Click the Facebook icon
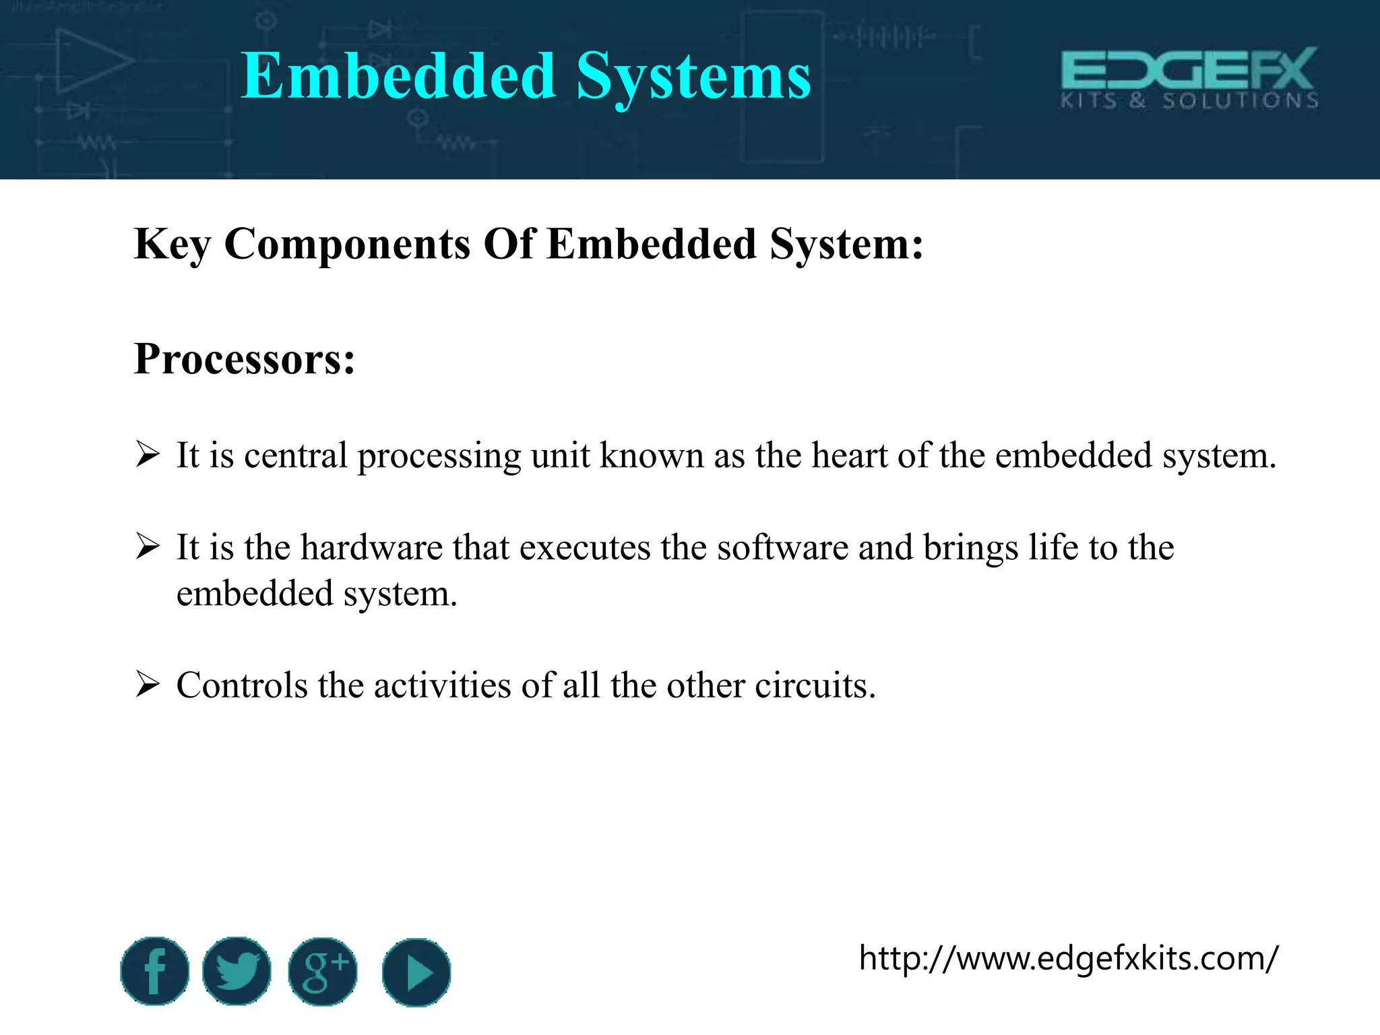coord(154,971)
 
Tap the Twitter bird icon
coord(237,971)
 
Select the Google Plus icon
coord(323,971)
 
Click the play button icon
coord(416,972)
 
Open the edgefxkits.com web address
coord(1068,958)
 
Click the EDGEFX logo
coord(1189,77)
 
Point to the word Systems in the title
coord(693,77)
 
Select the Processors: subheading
coord(245,358)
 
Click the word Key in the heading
coord(172,244)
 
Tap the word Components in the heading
coord(347,244)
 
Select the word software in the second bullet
coord(782,547)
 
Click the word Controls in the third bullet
coord(242,685)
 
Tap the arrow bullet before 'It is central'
coord(148,454)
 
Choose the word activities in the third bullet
coord(442,685)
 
